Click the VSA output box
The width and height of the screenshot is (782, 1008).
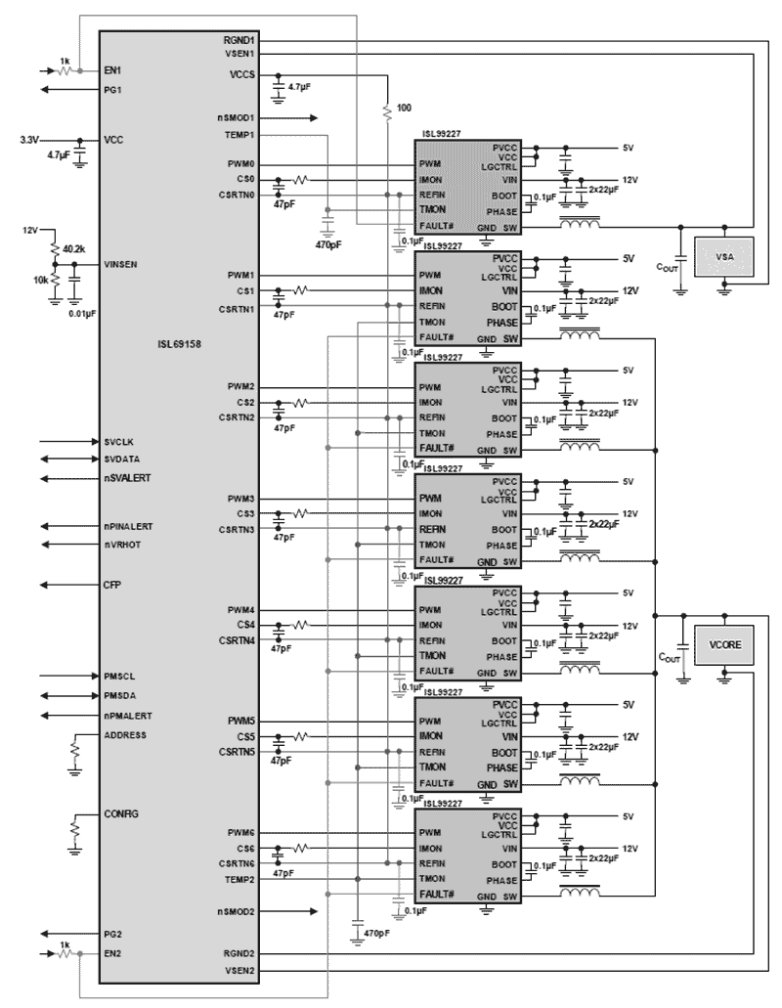pyautogui.click(x=724, y=256)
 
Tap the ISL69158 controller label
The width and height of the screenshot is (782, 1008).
pyautogui.click(x=179, y=345)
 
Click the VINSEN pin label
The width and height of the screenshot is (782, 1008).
pyautogui.click(x=123, y=265)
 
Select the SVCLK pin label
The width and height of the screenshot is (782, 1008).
pyautogui.click(x=120, y=442)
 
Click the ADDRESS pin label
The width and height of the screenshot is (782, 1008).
pyautogui.click(x=125, y=734)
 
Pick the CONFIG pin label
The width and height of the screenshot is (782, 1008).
pyautogui.click(x=122, y=813)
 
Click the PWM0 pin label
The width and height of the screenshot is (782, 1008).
pyautogui.click(x=241, y=165)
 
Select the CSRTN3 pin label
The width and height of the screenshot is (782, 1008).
pyautogui.click(x=238, y=530)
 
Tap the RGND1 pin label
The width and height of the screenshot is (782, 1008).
pyautogui.click(x=239, y=39)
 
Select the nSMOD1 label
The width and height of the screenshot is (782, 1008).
pyautogui.click(x=237, y=117)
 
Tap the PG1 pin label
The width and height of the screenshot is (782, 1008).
pyautogui.click(x=113, y=90)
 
